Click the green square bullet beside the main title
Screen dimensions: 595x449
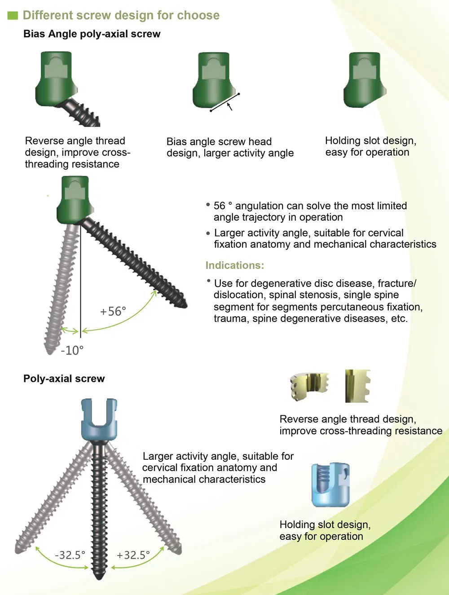pos(13,16)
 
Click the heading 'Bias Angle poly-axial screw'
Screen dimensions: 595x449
pos(92,34)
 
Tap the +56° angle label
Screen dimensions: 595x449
pos(113,311)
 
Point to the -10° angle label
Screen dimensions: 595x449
pos(72,350)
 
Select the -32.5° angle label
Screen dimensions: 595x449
pos(70,555)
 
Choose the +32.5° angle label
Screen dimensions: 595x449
pos(133,555)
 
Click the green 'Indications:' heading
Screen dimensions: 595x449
pos(234,265)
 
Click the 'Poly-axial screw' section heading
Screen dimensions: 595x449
pos(64,379)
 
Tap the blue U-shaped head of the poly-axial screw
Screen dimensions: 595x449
pos(99,419)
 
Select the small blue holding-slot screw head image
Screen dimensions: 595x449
pos(330,485)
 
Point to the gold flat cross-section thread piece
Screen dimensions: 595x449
pos(357,386)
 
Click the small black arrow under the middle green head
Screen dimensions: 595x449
pos(230,106)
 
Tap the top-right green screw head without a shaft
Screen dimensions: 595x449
pos(364,80)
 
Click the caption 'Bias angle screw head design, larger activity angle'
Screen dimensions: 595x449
pos(230,147)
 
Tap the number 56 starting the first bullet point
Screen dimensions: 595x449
pos(220,206)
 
